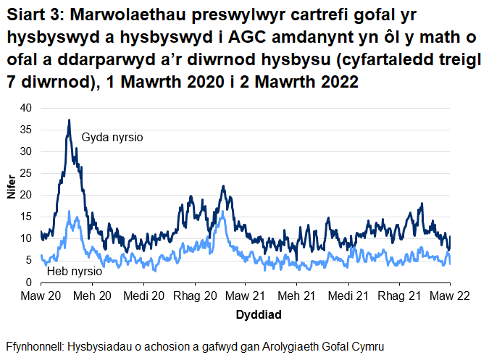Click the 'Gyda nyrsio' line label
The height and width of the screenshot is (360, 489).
112,137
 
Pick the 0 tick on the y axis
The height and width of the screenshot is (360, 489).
30,282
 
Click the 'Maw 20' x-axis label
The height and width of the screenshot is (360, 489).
41,296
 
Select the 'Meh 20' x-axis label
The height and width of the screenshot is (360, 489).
92,296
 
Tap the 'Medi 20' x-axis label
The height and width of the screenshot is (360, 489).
143,296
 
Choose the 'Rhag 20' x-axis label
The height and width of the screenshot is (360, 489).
196,296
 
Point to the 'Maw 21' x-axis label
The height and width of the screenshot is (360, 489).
246,296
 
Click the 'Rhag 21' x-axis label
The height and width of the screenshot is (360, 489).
400,296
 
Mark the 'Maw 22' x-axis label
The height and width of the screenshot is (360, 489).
450,296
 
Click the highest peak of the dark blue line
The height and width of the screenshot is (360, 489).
70,120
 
